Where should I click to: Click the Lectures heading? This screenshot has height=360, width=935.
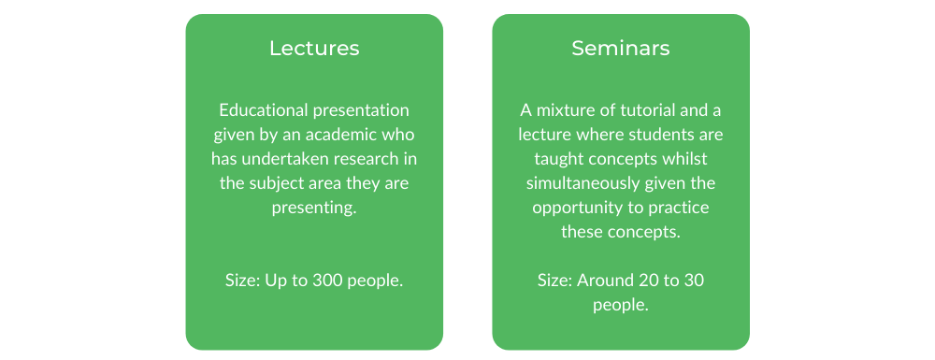314,49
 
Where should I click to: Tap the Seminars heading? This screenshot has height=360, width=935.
621,49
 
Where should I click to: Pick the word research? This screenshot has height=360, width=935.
348,159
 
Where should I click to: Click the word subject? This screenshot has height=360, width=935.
268,183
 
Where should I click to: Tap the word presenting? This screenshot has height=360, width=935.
314,208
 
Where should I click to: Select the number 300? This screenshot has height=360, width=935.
325,281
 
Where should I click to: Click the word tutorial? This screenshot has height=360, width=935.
635,110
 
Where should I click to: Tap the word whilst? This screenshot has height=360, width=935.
686,159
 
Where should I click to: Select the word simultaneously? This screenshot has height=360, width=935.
582,183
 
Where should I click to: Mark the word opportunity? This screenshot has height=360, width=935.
568,208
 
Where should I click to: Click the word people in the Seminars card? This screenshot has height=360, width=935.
621,305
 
